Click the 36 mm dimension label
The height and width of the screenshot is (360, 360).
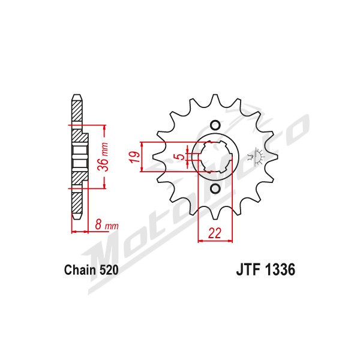[103, 157]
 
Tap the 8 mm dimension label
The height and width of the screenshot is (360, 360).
[107, 225]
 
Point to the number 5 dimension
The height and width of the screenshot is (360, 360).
[181, 157]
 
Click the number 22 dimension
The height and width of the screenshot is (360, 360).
[214, 233]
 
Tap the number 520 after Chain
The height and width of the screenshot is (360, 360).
[109, 270]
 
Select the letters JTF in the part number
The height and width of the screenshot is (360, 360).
[248, 269]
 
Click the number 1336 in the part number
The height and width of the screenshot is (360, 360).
[280, 269]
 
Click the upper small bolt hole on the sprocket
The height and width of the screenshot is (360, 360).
[215, 125]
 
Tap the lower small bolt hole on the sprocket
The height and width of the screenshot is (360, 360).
[215, 188]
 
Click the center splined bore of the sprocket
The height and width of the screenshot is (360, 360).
[215, 157]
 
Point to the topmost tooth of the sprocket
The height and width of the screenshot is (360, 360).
[215, 99]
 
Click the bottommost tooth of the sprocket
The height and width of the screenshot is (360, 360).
[215, 215]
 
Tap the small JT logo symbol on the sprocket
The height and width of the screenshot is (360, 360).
[256, 157]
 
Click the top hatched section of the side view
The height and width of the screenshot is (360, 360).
[77, 111]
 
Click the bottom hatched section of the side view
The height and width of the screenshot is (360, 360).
[77, 203]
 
